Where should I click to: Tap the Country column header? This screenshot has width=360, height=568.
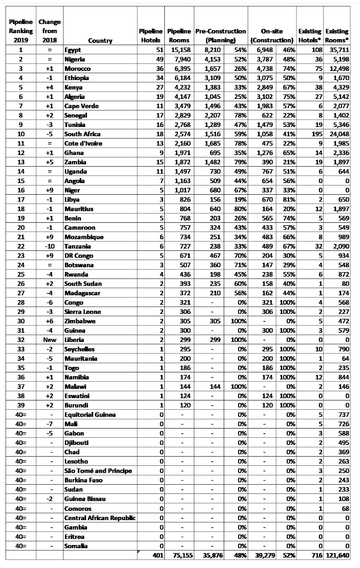(x=100, y=41)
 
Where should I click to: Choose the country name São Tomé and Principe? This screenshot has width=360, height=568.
(x=98, y=471)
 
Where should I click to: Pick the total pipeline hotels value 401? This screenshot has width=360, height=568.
(x=157, y=556)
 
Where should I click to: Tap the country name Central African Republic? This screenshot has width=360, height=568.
(x=100, y=518)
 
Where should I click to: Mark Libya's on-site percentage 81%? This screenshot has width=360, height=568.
(x=287, y=200)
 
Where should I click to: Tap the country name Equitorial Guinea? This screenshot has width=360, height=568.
(x=90, y=415)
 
